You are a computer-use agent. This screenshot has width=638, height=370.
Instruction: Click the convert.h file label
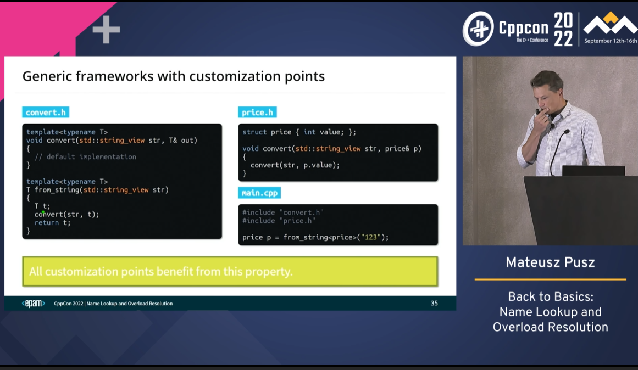[x=46, y=112]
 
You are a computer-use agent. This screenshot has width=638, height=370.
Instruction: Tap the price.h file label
[x=257, y=112]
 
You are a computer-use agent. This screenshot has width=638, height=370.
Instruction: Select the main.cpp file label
[x=259, y=193]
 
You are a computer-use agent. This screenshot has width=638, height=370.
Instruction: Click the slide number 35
[x=434, y=304]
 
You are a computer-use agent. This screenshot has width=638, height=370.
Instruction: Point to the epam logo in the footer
[x=34, y=304]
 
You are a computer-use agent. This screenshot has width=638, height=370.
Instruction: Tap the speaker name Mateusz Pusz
[x=550, y=262]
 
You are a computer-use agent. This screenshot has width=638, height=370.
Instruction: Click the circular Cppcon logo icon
[x=478, y=29]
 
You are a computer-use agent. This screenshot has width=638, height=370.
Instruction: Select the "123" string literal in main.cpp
[x=371, y=237]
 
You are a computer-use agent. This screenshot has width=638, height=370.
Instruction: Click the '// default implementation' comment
[x=85, y=157]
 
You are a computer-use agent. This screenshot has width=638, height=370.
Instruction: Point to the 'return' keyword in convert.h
[x=46, y=223]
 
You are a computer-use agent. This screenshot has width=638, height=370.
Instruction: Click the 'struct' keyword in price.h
[x=255, y=132]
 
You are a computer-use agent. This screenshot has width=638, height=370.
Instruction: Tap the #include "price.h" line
[x=279, y=221]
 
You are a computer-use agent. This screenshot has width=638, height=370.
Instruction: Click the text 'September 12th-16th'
[x=611, y=41]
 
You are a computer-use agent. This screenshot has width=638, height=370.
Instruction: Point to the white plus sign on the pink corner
[x=106, y=29]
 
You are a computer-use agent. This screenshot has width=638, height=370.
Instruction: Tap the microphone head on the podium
[x=566, y=132]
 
